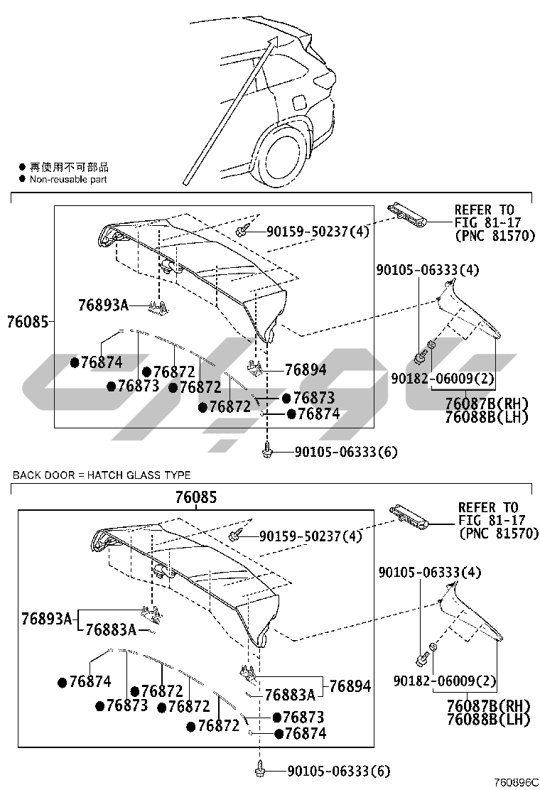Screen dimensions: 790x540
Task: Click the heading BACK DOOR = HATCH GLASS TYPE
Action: point(102,475)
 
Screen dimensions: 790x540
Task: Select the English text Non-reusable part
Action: point(67,180)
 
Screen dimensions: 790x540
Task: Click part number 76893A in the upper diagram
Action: point(103,305)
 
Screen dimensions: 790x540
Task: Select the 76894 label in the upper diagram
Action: point(306,369)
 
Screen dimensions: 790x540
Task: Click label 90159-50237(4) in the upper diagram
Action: point(318,231)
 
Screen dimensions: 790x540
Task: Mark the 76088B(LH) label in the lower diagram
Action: point(488,719)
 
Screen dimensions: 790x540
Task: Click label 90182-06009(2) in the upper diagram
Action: point(442,378)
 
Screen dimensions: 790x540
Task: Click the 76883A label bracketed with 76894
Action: point(289,694)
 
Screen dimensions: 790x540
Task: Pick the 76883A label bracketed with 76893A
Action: point(111,629)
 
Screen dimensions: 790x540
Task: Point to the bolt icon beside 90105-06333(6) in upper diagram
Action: point(268,450)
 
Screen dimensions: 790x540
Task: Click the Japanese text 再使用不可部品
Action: point(69,167)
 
